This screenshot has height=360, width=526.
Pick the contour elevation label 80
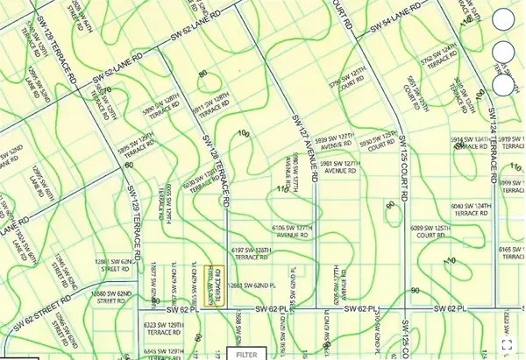pos(203,74)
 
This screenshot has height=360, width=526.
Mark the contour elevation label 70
pos(110,89)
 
